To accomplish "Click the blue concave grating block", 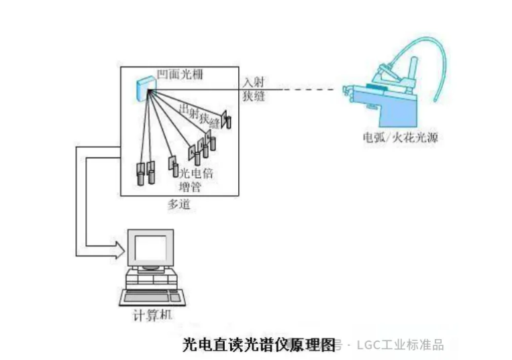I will click(143, 86).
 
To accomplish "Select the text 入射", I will click(254, 82).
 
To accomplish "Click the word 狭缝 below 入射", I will click(254, 96).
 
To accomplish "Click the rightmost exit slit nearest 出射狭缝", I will click(227, 121).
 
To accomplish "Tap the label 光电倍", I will click(191, 173).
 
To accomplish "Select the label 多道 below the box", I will click(178, 203).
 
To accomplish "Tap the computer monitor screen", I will click(149, 248).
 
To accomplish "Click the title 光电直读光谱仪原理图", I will click(259, 345).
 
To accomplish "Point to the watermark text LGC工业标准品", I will click(400, 345).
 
